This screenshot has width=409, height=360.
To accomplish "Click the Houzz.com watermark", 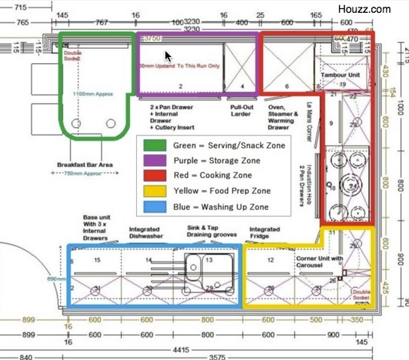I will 370,9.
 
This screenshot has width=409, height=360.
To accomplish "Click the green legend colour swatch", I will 156,145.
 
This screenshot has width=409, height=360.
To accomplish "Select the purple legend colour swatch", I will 156,159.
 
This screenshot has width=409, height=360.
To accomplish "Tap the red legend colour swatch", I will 156,174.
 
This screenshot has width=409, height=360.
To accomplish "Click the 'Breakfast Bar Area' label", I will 86,165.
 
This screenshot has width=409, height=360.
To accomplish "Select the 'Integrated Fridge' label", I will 265,233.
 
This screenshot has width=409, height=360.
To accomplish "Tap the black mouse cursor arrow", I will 168,56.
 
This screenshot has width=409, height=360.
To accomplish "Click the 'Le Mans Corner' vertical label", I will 308,120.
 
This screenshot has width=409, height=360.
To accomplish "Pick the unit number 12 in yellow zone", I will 268,259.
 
